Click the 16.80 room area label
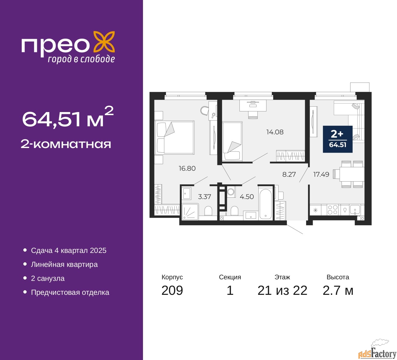tap(187, 168)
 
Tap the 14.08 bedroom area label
tap(275, 132)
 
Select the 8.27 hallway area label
tap(289, 174)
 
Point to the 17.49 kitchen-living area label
tap(321, 174)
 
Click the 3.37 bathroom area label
tap(204, 197)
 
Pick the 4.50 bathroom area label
tap(247, 197)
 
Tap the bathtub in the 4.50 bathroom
tap(265, 204)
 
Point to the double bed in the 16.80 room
tap(174, 137)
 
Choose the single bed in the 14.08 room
tap(232, 142)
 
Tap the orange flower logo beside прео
tap(104, 43)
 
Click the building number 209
tap(172, 290)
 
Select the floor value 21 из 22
tap(282, 290)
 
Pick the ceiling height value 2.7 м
tap(338, 290)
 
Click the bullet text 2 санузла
tap(48, 278)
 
